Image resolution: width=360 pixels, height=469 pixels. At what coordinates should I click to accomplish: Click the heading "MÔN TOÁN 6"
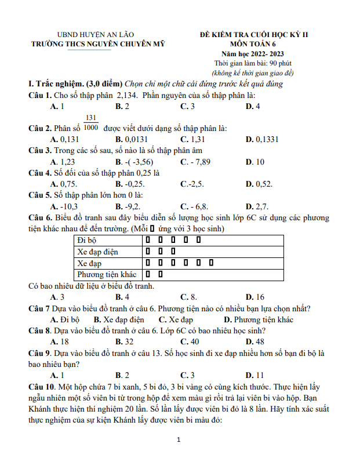(253, 43)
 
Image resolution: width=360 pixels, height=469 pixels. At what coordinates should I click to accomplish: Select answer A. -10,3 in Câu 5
(64, 206)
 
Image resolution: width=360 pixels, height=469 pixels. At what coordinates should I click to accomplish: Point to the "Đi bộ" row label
(87, 240)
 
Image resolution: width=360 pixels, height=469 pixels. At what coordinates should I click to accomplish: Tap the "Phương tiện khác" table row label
(107, 274)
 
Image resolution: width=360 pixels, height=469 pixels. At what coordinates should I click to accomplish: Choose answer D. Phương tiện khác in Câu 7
(259, 319)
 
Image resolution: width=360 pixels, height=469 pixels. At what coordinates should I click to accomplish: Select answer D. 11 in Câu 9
(254, 375)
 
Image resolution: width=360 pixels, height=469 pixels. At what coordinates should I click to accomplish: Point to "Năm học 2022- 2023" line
(253, 53)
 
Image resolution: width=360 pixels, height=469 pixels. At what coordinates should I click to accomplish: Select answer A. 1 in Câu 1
(57, 106)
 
